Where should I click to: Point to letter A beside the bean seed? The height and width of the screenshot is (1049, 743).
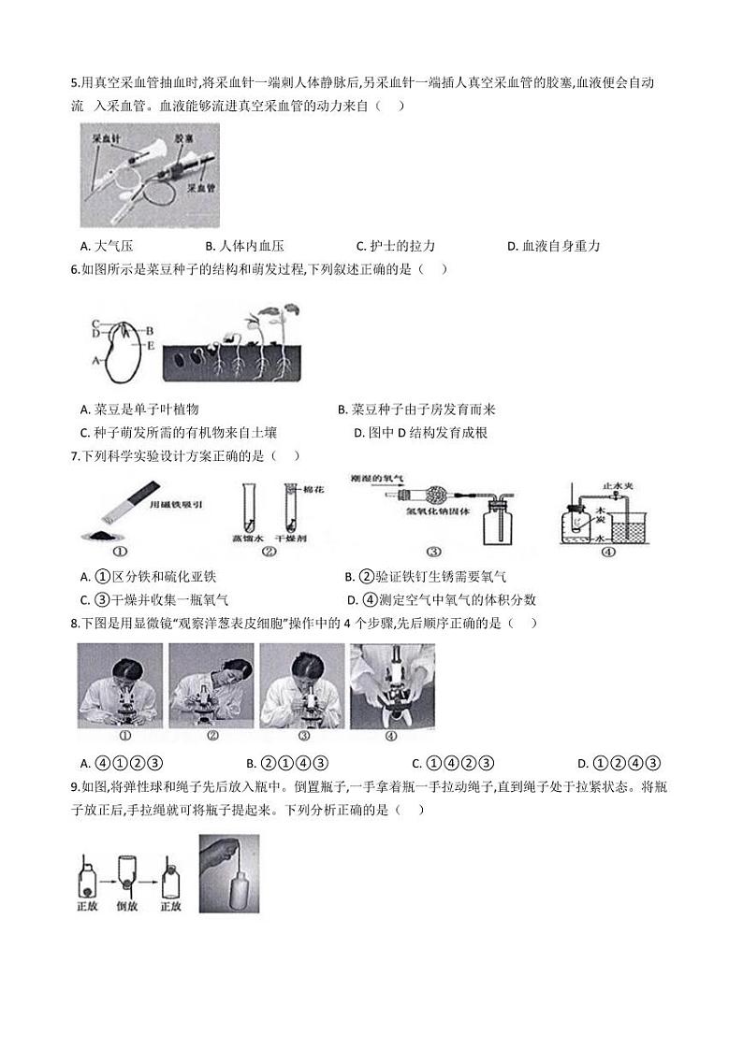pyautogui.click(x=94, y=358)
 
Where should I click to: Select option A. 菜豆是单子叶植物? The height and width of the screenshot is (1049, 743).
pyautogui.click(x=140, y=410)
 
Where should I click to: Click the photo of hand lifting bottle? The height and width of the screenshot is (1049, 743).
pyautogui.click(x=228, y=873)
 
